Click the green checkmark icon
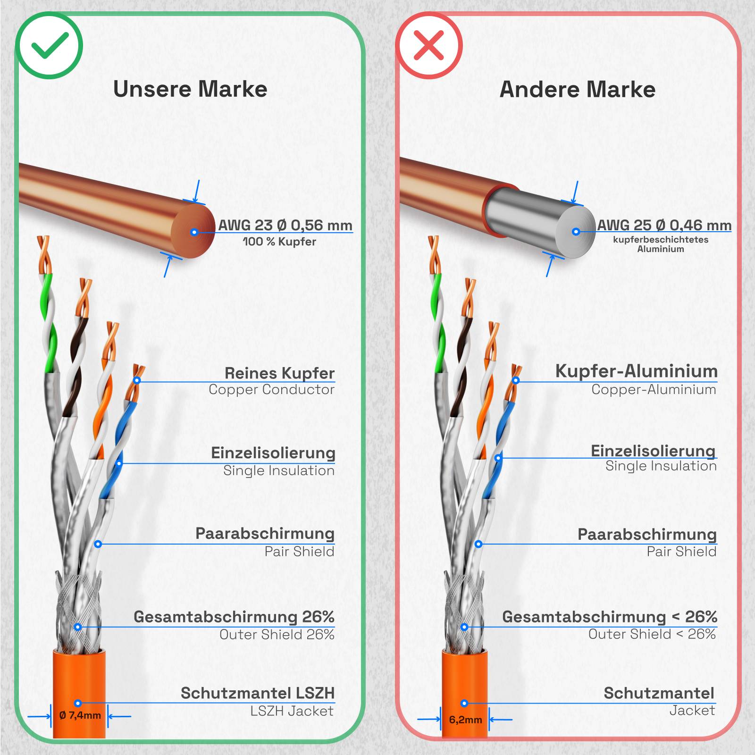coord(49,46)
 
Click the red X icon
coord(429,46)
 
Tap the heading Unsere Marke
coord(190,89)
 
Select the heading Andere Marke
coord(577,90)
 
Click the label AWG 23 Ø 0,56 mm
coord(285,225)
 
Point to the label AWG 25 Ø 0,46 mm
coord(664,225)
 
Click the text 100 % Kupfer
coord(279,242)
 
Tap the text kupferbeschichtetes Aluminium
coord(661,244)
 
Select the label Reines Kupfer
coord(279,373)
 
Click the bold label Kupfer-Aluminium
coord(636,371)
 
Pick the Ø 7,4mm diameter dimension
coord(80,715)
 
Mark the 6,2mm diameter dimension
coord(465,720)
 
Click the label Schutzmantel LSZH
coord(258,693)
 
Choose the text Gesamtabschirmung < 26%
coord(609,616)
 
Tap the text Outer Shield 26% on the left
coord(277,634)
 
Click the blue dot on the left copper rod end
coord(194,232)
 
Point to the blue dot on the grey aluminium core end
coord(576,232)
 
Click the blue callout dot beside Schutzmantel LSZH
coord(78,703)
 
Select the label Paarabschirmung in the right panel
coord(647,534)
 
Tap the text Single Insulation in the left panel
coord(278,470)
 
